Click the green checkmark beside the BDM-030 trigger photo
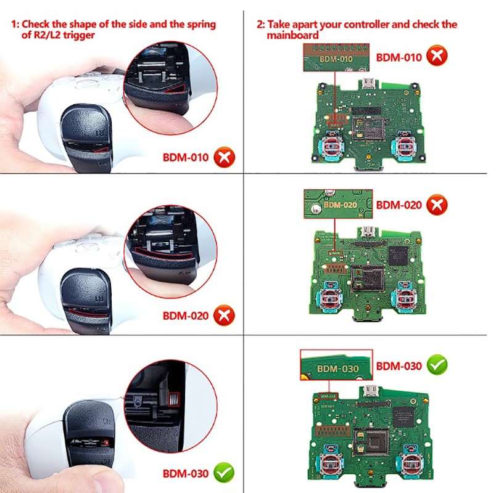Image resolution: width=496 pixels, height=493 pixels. [224, 473]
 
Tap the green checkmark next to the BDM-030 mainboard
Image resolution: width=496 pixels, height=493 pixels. [437, 365]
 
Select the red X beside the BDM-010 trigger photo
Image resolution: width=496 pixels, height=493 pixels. [225, 157]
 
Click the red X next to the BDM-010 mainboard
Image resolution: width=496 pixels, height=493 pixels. [437, 55]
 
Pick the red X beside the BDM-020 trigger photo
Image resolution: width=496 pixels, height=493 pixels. [224, 315]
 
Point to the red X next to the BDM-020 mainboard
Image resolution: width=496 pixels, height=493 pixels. [437, 205]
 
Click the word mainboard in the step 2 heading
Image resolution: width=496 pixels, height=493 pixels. [292, 35]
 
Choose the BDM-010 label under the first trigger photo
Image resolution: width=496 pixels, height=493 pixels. [186, 157]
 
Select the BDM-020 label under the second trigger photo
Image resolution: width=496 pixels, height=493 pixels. [186, 316]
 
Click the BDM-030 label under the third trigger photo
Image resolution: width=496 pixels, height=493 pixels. [186, 473]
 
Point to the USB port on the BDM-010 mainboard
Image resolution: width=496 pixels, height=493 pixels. [367, 83]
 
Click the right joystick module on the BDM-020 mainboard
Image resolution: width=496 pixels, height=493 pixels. [404, 298]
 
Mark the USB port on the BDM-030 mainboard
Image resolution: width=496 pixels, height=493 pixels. [370, 392]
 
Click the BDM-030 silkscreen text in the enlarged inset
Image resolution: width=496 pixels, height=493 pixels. [338, 369]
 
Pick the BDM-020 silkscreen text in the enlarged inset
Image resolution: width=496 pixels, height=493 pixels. [340, 205]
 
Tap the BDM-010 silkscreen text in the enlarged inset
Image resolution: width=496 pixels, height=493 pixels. [336, 59]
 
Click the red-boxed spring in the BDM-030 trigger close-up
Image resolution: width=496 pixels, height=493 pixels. [173, 399]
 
